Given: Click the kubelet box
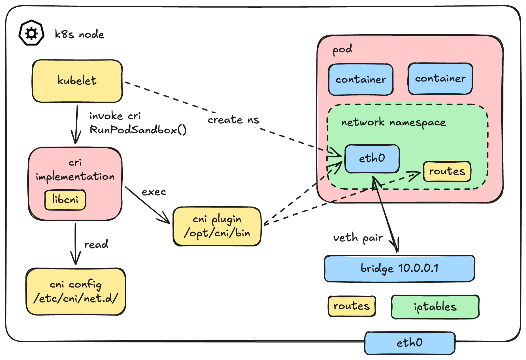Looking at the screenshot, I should tap(77, 81).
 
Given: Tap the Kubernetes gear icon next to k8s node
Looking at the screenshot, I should tap(31, 33).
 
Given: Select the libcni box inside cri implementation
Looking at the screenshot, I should tap(65, 200).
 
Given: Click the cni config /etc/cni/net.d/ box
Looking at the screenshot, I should tap(76, 292).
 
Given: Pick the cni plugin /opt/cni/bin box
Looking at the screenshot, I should tap(217, 226).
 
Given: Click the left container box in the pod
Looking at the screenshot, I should tap(361, 80).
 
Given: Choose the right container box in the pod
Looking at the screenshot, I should tap(440, 79).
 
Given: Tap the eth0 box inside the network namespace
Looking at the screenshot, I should tap(372, 158).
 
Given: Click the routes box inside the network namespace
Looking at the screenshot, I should tap(447, 172).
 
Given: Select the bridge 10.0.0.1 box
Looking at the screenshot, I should tap(399, 268).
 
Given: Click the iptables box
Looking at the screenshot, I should tap(435, 307).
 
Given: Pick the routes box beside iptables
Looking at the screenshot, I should tap(352, 306).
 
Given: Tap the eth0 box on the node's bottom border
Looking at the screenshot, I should tap(410, 343).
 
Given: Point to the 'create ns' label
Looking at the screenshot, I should tap(233, 120).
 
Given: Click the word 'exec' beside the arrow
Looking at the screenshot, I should tap(154, 192).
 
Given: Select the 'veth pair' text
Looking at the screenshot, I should tap(358, 238).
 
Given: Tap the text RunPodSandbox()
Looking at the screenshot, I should tap(138, 130).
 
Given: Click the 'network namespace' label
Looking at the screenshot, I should tap(393, 123).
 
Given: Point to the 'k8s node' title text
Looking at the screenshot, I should tap(80, 35).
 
